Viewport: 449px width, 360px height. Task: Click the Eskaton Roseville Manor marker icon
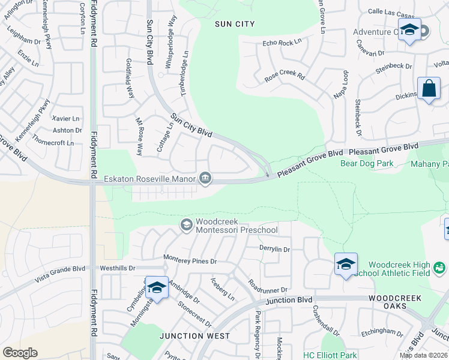point(205,178)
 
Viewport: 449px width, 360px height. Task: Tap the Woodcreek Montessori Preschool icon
point(186,224)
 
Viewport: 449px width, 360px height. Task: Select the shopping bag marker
point(429,89)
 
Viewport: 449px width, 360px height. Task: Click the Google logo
point(20,353)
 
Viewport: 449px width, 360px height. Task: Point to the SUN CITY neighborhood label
point(235,24)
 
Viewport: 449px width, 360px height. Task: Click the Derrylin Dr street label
point(274,249)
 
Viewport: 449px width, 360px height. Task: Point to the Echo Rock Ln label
point(282,43)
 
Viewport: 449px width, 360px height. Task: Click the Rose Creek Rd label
point(285,78)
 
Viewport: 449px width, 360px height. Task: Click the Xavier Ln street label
point(66,118)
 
